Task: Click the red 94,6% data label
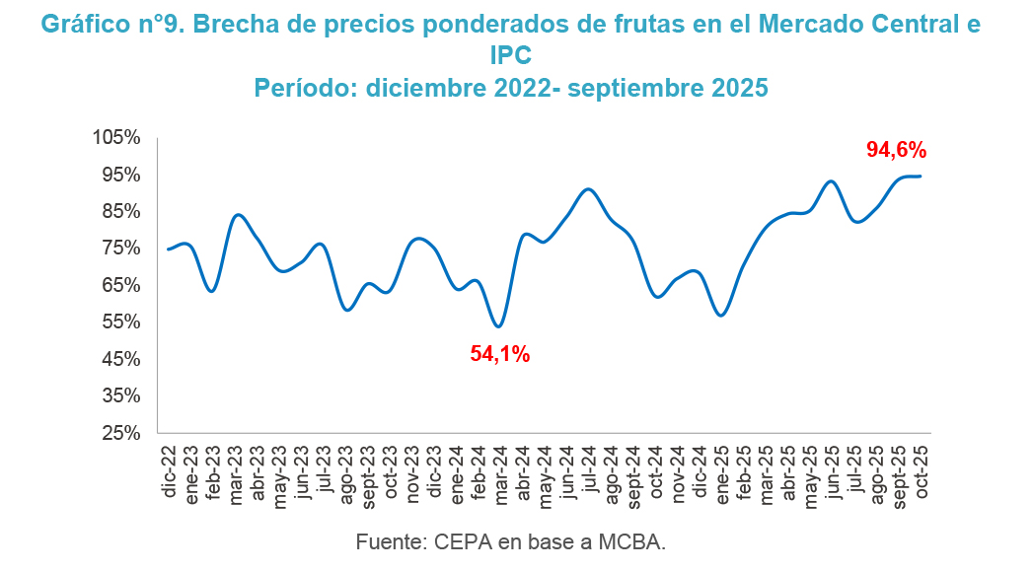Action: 896,150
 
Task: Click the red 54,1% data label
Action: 499,354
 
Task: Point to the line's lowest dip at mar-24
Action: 498,326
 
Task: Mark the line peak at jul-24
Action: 588,189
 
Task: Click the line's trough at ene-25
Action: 721,316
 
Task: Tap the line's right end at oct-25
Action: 921,177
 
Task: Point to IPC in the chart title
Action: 511,56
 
